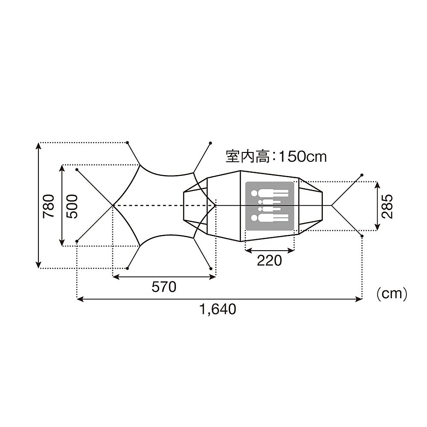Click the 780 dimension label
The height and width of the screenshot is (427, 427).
tap(49, 206)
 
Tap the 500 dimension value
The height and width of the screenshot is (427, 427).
tap(72, 206)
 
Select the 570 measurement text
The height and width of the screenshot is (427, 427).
tap(164, 287)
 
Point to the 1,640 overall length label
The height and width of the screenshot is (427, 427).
tap(218, 309)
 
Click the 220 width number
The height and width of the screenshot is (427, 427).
tap(269, 260)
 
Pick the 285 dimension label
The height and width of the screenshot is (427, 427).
tap(387, 206)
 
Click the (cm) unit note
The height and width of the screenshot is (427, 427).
tap(392, 294)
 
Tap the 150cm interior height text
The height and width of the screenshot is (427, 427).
tap(303, 157)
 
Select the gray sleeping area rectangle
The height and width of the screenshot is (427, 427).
tap(269, 206)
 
